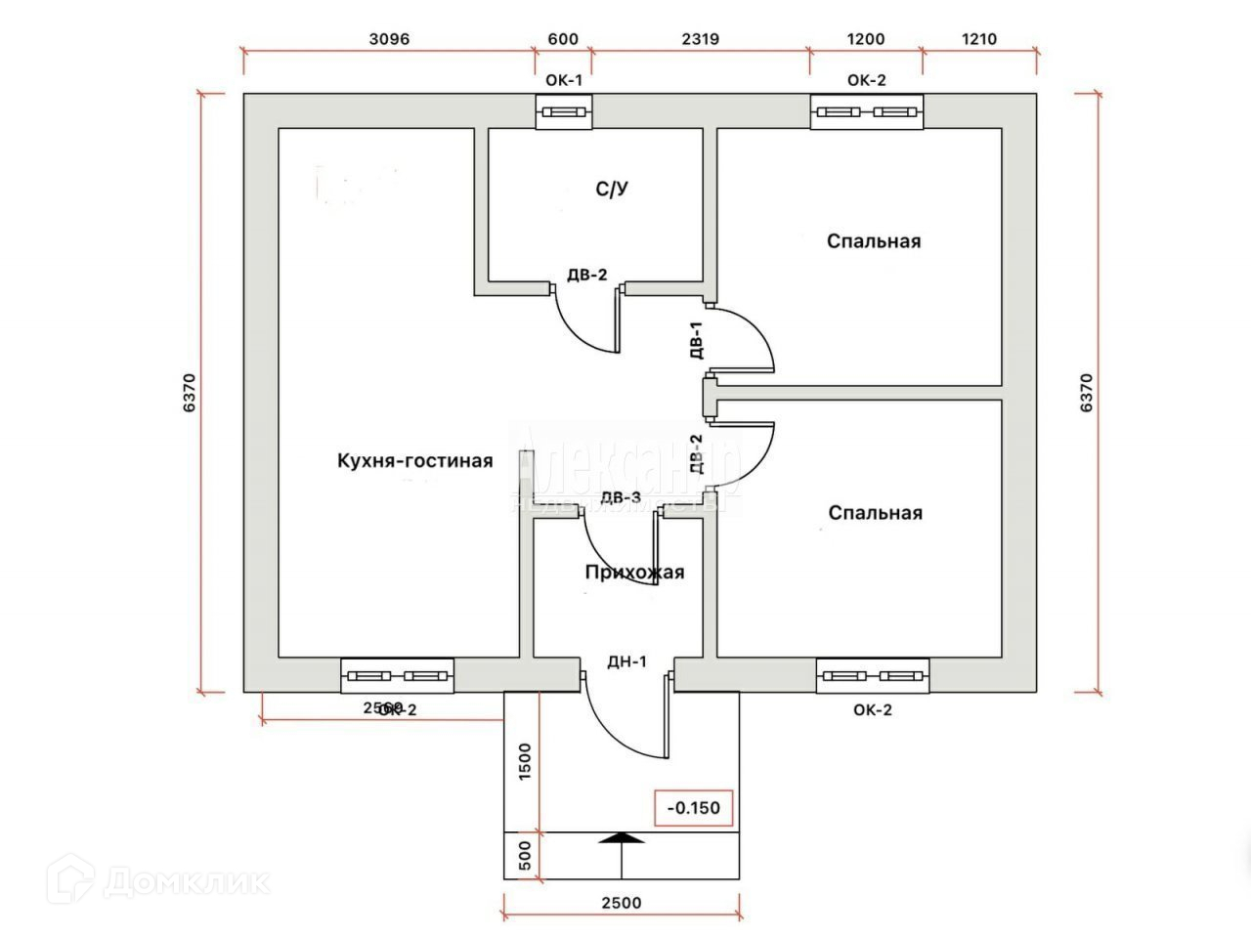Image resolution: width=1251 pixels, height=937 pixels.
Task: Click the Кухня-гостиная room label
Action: coord(415,460)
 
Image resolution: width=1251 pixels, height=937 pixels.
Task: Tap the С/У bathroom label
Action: coord(612,190)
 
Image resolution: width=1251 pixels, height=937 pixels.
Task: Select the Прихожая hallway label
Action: coord(634,573)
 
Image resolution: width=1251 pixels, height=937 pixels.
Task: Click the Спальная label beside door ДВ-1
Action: coord(874,241)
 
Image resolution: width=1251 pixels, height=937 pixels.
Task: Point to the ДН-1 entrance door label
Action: coord(627,661)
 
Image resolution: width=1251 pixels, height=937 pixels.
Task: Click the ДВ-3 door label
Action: coord(621,497)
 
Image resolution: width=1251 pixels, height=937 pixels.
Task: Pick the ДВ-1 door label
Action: coord(696,341)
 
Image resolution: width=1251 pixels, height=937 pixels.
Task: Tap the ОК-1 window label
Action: coord(563,80)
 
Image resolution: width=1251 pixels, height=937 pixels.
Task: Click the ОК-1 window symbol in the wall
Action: coord(565,112)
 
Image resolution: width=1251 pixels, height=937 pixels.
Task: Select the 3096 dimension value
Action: coord(389,39)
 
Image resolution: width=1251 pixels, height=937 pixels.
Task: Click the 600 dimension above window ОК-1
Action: coord(563,39)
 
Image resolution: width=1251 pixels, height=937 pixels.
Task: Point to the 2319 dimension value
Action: coord(700,39)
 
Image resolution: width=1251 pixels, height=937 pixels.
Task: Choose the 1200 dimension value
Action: coord(866,39)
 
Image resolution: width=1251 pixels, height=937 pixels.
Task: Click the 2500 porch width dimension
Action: coord(622,902)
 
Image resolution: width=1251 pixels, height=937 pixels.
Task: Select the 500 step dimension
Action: coord(524,855)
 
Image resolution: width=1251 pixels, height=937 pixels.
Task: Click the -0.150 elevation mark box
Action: coord(693,808)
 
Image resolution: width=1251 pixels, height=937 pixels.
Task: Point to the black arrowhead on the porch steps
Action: coord(622,837)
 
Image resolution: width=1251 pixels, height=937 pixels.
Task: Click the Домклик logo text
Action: coord(186,882)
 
